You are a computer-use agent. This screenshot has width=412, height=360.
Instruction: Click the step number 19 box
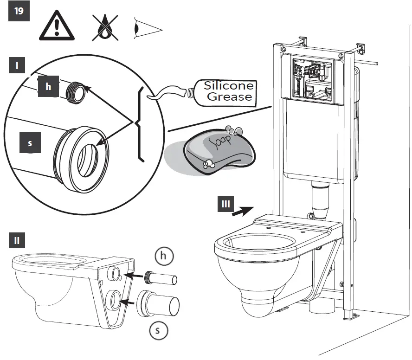point(19,12)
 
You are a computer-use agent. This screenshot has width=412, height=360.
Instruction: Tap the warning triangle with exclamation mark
point(56,26)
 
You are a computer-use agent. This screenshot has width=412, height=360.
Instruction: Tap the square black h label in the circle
point(48,87)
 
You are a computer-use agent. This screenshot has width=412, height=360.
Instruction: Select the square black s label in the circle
point(30,143)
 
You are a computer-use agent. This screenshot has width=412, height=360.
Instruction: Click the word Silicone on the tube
point(229,86)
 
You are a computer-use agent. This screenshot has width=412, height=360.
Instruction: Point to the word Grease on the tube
point(229,97)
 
